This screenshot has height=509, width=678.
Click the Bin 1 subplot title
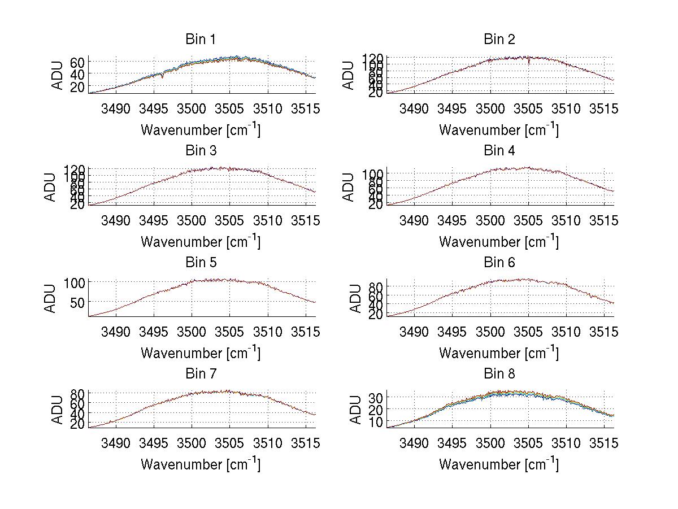click(201, 40)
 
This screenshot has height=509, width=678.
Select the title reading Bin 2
click(499, 40)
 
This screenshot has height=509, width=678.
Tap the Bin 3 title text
click(201, 151)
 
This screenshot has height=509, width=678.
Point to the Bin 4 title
click(499, 151)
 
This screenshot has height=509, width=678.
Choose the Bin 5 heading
click(201, 263)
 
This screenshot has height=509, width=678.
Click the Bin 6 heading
click(499, 263)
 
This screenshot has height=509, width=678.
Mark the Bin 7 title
click(201, 374)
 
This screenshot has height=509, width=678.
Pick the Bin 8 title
click(499, 374)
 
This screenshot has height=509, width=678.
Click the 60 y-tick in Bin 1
click(78, 62)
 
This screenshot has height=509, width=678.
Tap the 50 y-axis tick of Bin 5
click(78, 302)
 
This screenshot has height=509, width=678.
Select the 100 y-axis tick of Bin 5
click(75, 282)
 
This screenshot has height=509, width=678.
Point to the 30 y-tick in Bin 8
click(376, 398)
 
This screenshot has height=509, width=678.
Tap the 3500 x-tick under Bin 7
click(192, 443)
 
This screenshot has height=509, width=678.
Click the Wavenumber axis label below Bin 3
click(201, 242)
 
